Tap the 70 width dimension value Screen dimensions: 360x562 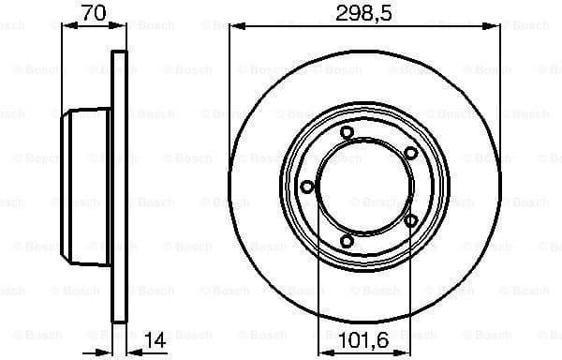(x=92, y=12)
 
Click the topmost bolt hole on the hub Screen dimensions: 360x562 (x=347, y=132)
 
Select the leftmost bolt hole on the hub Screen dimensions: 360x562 (x=306, y=187)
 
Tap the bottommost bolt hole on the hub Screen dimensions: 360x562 (x=348, y=242)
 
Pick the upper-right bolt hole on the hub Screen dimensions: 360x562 (x=411, y=153)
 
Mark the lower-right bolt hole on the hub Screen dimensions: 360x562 (x=411, y=220)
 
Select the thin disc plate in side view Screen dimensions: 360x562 (x=119, y=187)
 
